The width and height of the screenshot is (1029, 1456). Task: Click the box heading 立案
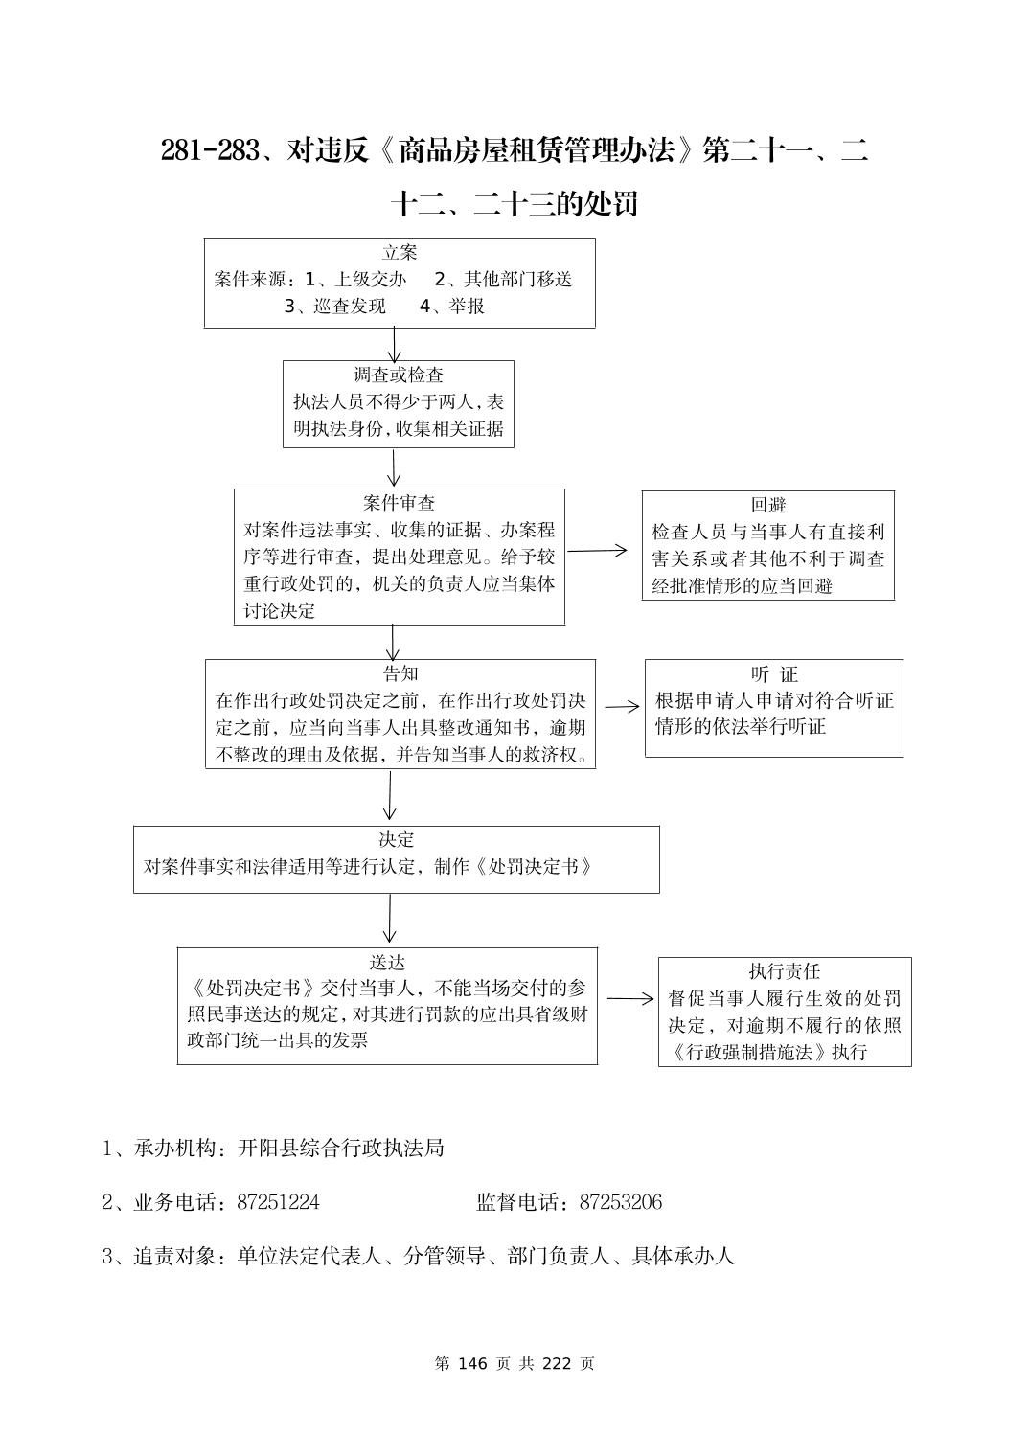point(400,253)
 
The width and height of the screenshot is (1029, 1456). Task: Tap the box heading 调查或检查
point(399,375)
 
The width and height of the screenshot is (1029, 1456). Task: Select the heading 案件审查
point(399,503)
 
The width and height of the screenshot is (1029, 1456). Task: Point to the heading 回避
point(767,505)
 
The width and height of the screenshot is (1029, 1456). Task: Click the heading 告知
point(400,673)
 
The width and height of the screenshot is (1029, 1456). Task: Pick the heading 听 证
point(773,674)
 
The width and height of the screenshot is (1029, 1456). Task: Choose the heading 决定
point(396,840)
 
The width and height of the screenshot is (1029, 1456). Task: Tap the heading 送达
point(387,962)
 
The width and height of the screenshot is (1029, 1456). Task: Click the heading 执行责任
point(784,971)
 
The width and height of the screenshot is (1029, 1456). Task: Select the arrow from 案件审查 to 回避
point(598,551)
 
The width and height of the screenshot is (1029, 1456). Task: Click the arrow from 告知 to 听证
point(622,706)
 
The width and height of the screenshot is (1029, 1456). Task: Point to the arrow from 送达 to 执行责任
point(629,998)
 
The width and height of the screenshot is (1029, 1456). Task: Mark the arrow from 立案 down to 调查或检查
point(394,344)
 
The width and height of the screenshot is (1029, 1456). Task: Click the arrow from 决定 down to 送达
point(389,920)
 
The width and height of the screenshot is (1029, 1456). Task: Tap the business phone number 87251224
point(278,1202)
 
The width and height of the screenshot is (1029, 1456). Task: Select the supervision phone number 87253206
point(620,1202)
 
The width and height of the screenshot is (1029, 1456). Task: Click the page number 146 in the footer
point(474,1363)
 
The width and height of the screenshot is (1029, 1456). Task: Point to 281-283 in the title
point(210,150)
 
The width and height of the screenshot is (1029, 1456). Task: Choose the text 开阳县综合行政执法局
point(340,1148)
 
